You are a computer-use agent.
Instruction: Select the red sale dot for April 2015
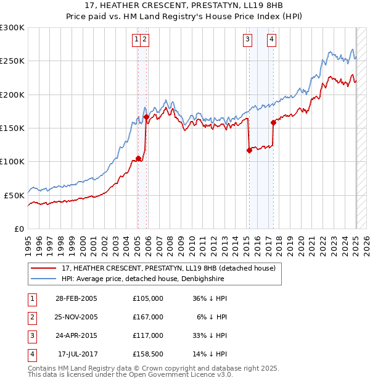coord(249,150)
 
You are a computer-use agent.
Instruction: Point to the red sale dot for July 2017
coord(273,122)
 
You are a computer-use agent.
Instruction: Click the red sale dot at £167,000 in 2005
coord(146,117)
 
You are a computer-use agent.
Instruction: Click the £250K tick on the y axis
coord(12,61)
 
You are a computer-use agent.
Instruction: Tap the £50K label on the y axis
coord(15,195)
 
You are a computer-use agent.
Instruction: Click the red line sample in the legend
coord(43,268)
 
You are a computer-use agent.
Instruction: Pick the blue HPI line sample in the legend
coord(43,279)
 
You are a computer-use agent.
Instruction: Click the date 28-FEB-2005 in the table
coord(76,298)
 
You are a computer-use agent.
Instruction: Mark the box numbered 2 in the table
coord(31,317)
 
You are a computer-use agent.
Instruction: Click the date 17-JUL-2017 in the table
coord(78,354)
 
